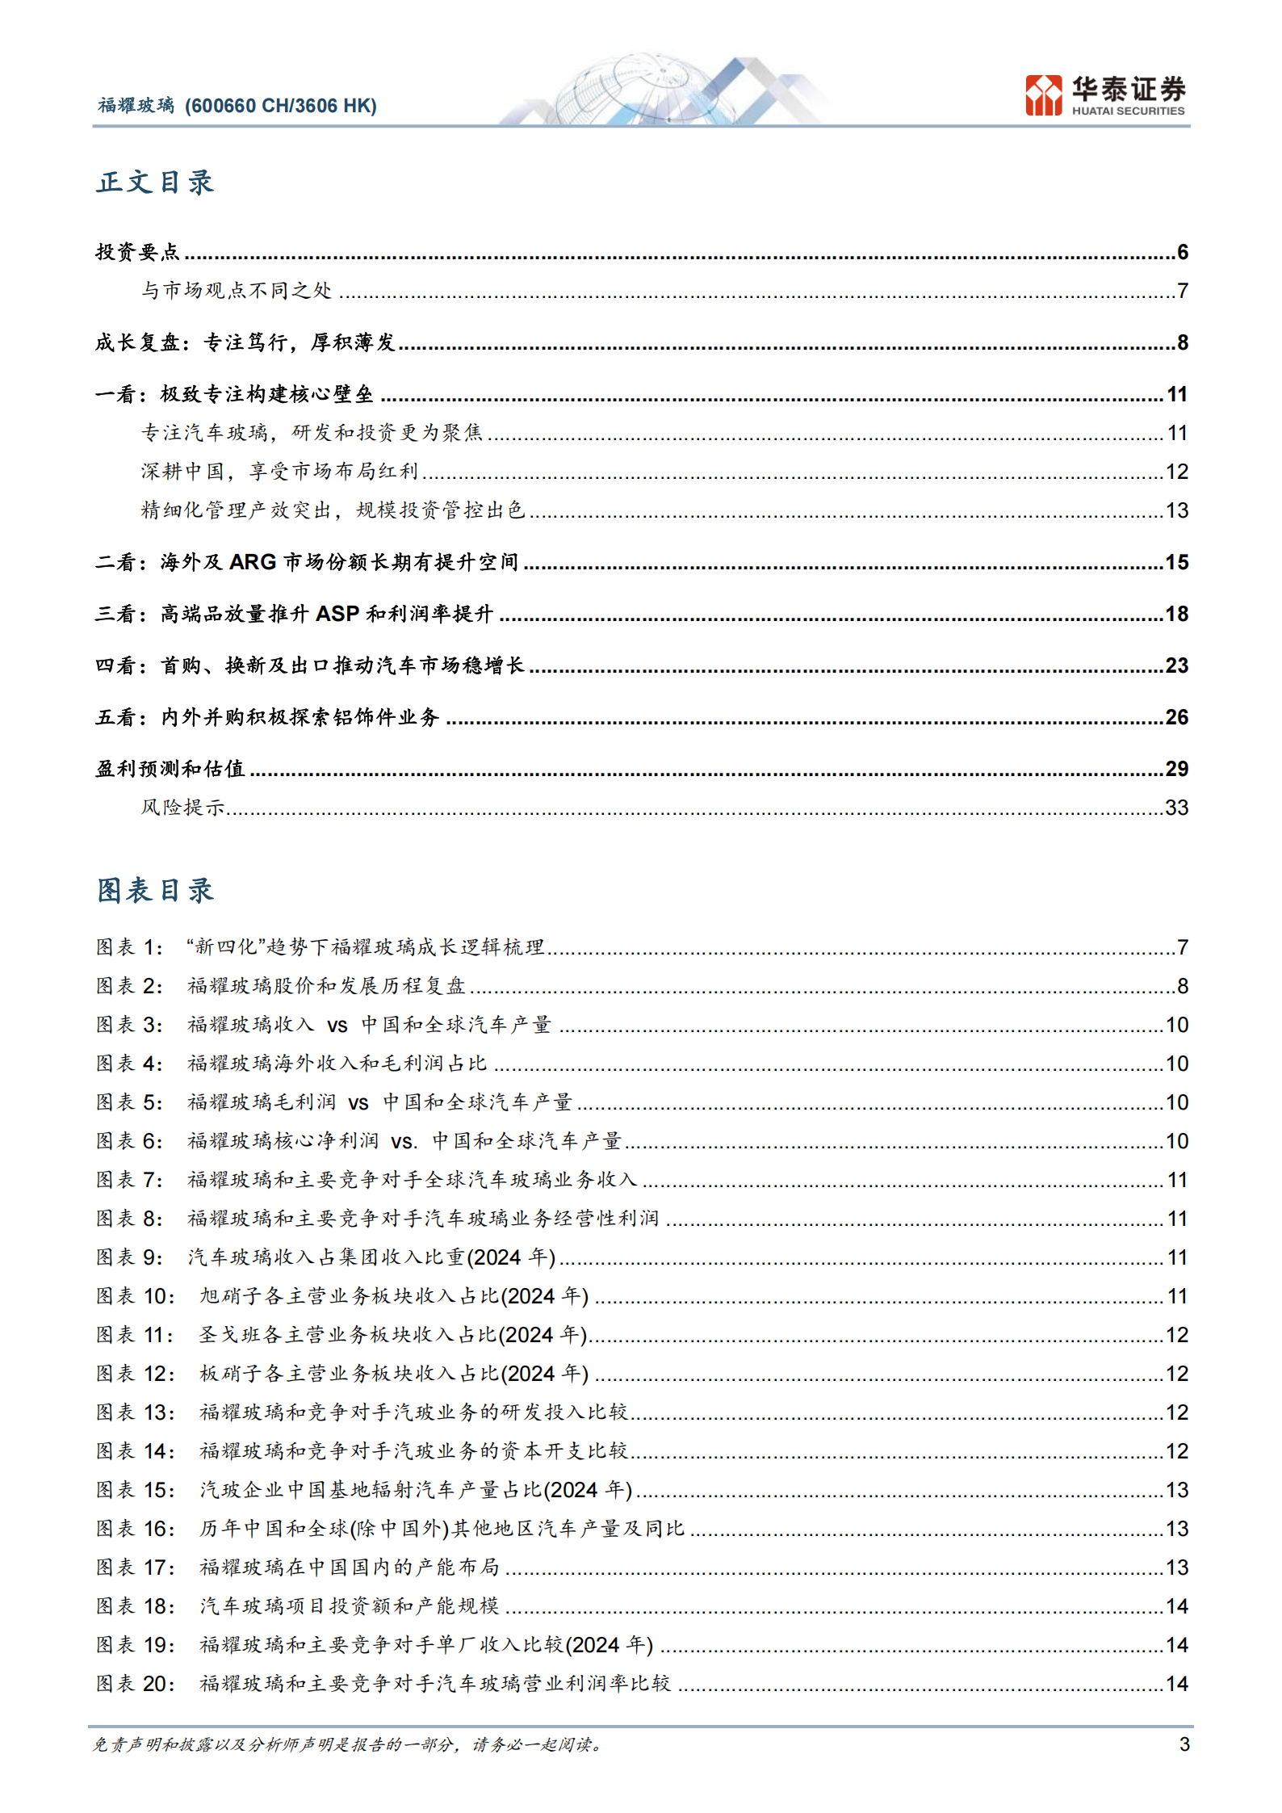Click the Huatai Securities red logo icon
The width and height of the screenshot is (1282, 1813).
[1043, 95]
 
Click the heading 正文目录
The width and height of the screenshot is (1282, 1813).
[155, 183]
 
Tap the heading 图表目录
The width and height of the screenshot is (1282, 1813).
[155, 891]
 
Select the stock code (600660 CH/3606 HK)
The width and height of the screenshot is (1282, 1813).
[281, 106]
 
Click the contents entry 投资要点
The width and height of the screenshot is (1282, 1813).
[137, 253]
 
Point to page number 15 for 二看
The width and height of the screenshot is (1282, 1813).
[1176, 562]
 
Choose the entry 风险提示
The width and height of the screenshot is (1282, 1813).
[182, 808]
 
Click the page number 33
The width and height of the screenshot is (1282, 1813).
[1176, 808]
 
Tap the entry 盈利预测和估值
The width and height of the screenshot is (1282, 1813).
[170, 769]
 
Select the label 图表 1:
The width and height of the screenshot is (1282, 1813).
[129, 947]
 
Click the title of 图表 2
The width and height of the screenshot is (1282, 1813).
[326, 986]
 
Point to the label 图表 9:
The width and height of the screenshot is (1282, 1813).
[129, 1257]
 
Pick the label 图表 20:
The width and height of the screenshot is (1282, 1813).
[135, 1684]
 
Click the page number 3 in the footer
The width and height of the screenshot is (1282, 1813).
[1184, 1744]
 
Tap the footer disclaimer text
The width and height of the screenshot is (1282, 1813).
[347, 1745]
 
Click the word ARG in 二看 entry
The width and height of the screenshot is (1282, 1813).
[253, 562]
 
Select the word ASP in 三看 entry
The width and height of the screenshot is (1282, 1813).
[337, 614]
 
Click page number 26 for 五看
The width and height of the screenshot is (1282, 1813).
[1176, 717]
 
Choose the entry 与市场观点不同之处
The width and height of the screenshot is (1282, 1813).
[237, 291]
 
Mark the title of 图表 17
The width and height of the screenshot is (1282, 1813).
[349, 1567]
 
